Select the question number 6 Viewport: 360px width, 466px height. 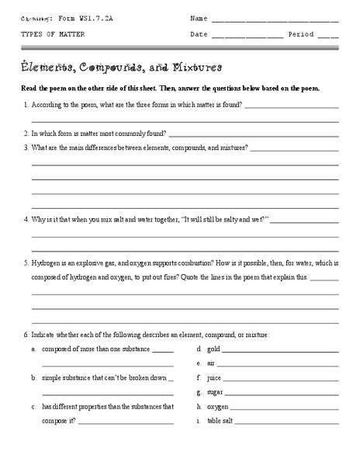point(26,334)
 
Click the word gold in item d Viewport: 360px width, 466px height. point(214,349)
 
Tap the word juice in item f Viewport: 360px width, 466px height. point(215,377)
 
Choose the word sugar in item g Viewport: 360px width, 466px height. point(215,392)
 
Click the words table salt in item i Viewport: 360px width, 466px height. point(220,421)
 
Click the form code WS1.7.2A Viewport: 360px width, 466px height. point(88,17)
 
